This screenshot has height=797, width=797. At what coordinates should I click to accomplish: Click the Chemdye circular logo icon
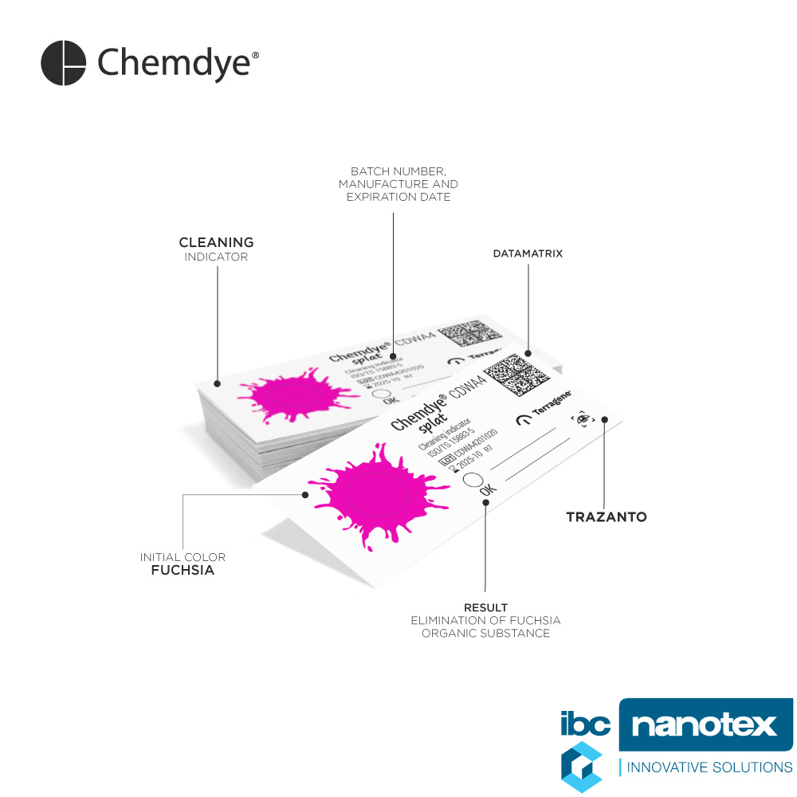(x=63, y=63)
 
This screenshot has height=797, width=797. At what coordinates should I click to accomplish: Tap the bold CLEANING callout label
(x=216, y=242)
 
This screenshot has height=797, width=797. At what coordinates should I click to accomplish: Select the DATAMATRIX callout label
(x=528, y=253)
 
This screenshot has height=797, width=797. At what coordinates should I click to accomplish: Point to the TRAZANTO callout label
(x=606, y=517)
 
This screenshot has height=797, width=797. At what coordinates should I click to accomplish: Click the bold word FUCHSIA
(x=183, y=571)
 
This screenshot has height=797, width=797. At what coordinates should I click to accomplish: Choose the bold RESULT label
(x=485, y=608)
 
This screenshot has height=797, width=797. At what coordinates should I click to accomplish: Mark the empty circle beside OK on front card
(x=472, y=481)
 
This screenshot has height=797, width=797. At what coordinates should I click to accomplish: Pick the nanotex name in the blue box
(x=704, y=725)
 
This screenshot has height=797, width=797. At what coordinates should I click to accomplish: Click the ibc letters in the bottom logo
(x=586, y=724)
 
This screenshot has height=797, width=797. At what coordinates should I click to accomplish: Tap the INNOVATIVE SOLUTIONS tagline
(x=709, y=768)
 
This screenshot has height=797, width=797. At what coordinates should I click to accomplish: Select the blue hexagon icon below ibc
(x=580, y=768)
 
